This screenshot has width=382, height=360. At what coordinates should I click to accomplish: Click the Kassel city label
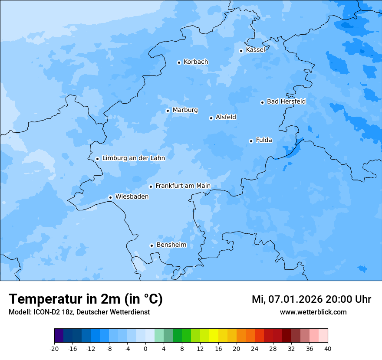tap(255, 50)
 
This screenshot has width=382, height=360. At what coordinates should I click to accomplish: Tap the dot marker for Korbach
tap(179, 62)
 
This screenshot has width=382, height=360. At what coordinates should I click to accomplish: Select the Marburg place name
tap(185, 110)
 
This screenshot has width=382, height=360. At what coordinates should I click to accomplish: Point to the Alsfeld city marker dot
tap(211, 118)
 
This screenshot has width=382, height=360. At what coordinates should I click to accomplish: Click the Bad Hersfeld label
tap(286, 101)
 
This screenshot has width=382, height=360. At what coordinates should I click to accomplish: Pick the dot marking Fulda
tap(251, 141)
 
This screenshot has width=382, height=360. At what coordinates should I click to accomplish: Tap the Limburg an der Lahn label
tap(133, 158)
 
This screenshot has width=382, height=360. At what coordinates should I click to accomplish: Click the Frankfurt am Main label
tap(183, 186)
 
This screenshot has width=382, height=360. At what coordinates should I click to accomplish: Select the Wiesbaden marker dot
tap(110, 197)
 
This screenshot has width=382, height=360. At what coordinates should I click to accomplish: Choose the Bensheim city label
tap(171, 245)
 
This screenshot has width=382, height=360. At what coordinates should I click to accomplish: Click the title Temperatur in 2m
tap(86, 299)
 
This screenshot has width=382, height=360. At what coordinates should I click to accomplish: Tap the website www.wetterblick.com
tap(313, 312)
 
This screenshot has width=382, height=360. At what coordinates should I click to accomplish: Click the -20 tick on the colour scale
tap(54, 349)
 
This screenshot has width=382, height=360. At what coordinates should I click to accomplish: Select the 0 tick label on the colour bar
tap(145, 349)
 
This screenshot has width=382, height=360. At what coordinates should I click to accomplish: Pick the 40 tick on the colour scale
tap(328, 349)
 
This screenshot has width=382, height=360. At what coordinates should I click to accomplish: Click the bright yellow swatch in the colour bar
tap(214, 336)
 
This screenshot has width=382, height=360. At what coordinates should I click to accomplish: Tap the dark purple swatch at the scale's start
tap(59, 336)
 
